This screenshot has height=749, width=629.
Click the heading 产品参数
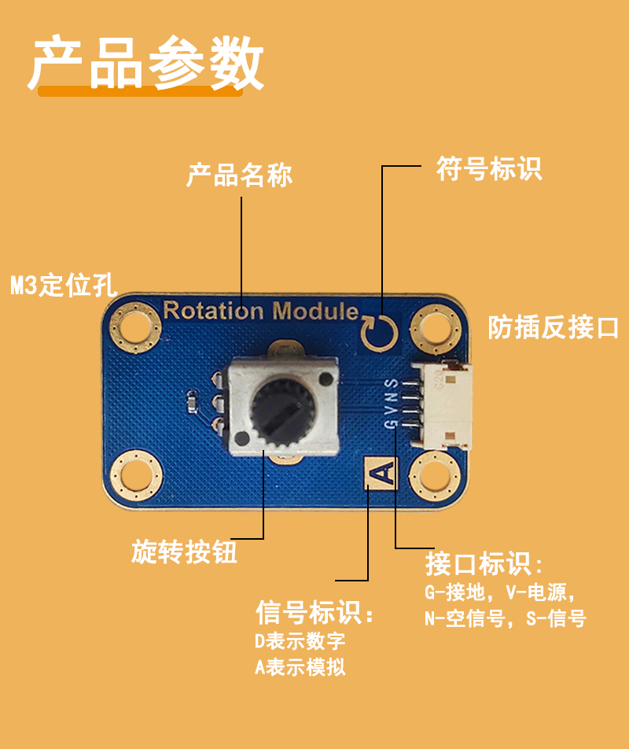[x=146, y=63]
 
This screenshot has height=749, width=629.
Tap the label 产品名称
[x=239, y=175]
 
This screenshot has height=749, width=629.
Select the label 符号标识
[x=489, y=168]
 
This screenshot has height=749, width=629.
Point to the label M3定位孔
[x=64, y=285]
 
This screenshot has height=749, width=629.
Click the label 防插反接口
[x=553, y=327]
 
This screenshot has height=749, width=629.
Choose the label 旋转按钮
[x=184, y=552]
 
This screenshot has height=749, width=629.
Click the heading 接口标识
[x=484, y=563]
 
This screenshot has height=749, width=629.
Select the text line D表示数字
[x=300, y=641]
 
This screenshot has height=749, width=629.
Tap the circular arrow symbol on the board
[x=379, y=333]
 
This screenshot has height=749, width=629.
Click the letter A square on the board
[x=381, y=473]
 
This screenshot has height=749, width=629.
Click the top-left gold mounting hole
[x=135, y=328]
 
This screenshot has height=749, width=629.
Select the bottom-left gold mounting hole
[x=137, y=476]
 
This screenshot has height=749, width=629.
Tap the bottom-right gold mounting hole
[x=436, y=476]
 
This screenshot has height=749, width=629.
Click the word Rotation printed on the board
[x=213, y=311]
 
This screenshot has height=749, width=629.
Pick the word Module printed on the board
[x=315, y=311]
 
